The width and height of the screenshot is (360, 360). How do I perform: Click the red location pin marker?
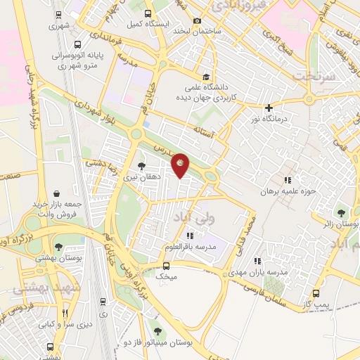click(181, 165)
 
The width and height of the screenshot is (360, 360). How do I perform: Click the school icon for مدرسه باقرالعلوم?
click(190, 236)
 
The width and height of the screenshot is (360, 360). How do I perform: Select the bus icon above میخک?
click(166, 266)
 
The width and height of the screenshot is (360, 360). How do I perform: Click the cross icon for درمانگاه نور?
click(269, 108)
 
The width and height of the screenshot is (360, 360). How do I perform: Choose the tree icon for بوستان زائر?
click(341, 212)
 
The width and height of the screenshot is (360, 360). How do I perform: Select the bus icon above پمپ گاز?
click(316, 293)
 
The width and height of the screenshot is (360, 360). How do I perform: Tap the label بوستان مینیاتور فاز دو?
click(166, 342)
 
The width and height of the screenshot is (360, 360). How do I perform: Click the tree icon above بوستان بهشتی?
click(58, 246)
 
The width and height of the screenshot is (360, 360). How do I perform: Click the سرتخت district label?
click(311, 75)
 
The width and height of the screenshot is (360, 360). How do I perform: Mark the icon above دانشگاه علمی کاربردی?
click(206, 77)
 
